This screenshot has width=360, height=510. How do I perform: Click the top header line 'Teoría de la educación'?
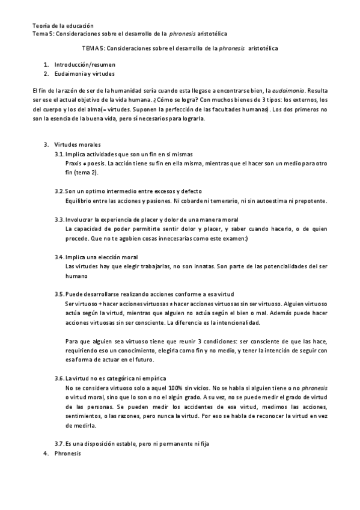coord(63,26)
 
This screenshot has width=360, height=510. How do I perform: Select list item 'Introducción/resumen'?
coord(85,64)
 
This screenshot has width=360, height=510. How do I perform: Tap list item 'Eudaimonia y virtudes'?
coord(84,72)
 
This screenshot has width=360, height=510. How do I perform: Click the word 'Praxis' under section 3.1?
coord(75,162)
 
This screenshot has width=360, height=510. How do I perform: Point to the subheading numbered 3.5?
coord(144,293)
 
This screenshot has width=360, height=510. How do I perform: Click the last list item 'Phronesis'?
coord(67,453)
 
